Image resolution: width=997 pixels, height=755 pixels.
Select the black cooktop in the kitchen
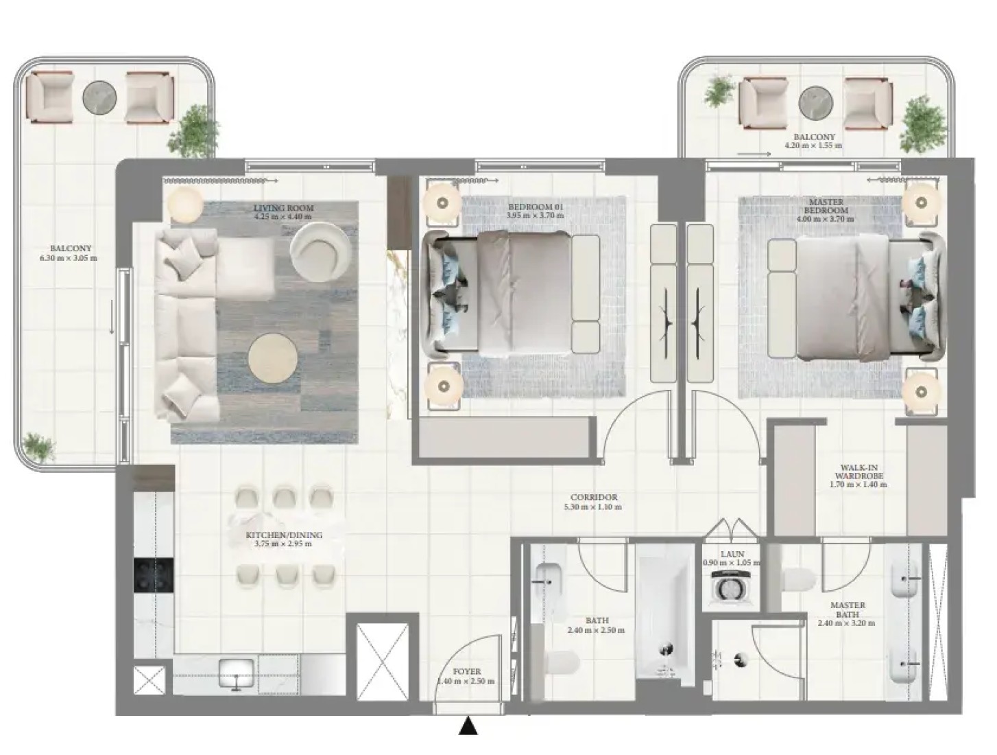[154, 575]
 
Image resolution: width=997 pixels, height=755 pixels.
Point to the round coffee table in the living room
[272, 359]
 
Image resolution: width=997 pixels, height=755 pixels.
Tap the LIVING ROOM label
[283, 208]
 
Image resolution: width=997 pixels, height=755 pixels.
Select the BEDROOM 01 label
[536, 207]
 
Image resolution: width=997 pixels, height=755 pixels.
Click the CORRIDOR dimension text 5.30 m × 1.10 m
[592, 507]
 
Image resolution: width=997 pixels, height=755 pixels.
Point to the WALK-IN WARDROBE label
[861, 472]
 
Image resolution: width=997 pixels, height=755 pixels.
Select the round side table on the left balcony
[99, 97]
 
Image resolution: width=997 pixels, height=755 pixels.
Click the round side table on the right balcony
[816, 103]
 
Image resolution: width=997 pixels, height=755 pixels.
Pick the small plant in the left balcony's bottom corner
[38, 446]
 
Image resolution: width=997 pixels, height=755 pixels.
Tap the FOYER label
[466, 671]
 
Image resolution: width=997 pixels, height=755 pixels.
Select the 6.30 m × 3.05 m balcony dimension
[69, 258]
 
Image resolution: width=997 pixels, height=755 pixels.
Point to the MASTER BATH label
[848, 609]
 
